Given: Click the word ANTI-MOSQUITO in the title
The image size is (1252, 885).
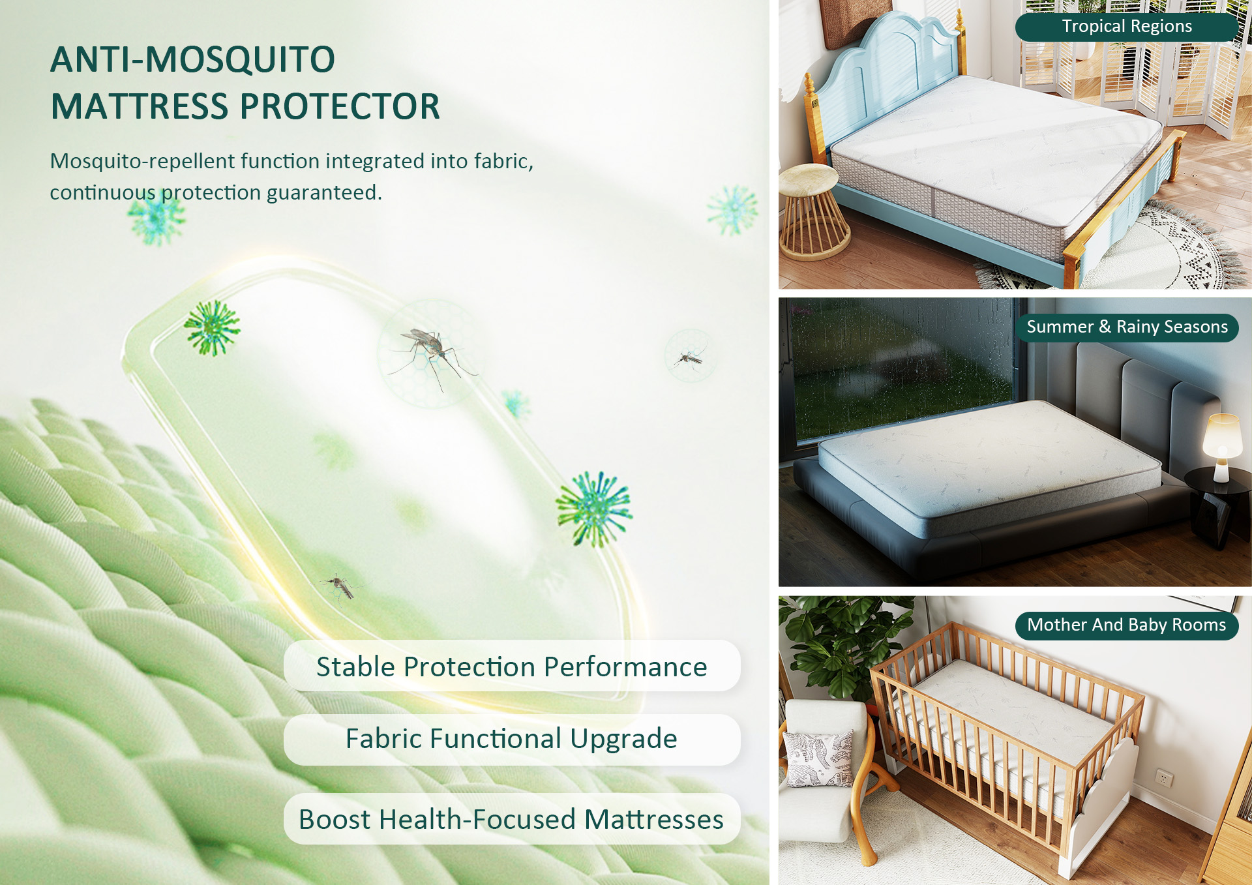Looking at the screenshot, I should [193, 59].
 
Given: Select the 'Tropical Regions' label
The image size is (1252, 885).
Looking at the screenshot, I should [1126, 27].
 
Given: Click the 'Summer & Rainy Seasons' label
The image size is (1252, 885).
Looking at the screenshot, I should [1126, 327].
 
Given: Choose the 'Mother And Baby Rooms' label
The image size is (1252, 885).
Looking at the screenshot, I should [1126, 625].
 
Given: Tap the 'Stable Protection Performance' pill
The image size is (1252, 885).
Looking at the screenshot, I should [512, 667].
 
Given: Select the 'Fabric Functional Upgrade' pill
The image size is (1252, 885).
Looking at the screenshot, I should [512, 739].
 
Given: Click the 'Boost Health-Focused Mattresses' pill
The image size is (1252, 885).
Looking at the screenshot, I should [512, 819].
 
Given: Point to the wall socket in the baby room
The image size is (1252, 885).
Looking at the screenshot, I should [1163, 778].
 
